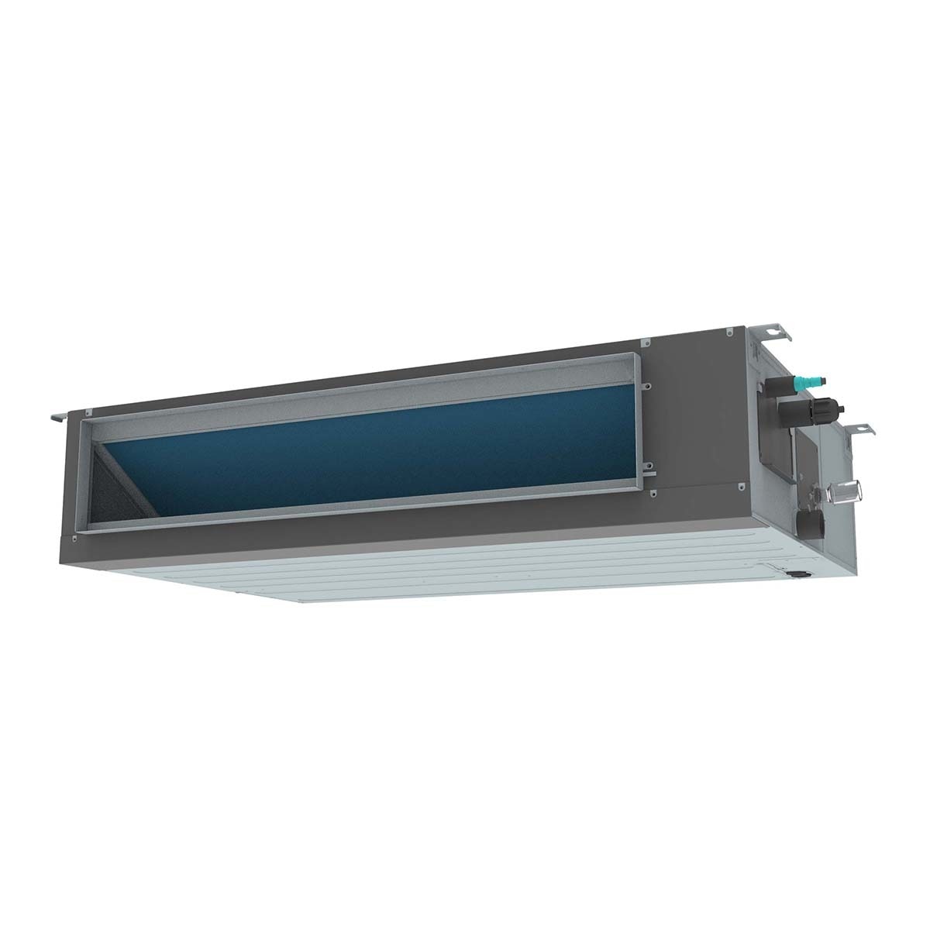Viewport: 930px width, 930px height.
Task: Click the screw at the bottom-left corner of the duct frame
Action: pos(74,535)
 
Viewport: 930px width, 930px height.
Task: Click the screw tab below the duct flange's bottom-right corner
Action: pos(653,494)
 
